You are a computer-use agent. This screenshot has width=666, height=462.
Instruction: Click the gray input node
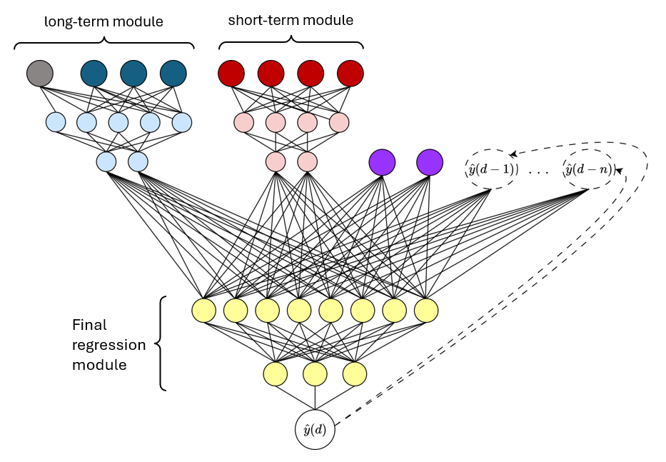(x=40, y=73)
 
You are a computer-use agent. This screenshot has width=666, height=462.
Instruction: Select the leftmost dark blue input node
(x=94, y=73)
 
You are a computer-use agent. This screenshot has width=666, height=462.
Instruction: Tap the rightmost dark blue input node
(x=173, y=73)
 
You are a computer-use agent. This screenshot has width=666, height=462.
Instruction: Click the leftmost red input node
(x=231, y=73)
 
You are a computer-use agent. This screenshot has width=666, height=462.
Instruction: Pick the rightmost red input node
(x=350, y=73)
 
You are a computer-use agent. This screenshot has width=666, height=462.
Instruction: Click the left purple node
(x=382, y=162)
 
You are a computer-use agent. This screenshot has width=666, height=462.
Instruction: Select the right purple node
(x=430, y=162)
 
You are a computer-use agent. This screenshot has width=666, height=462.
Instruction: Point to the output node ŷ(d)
(x=315, y=429)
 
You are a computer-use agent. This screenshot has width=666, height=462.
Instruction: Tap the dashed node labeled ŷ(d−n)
(x=588, y=170)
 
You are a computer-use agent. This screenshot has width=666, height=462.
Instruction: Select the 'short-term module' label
(x=291, y=21)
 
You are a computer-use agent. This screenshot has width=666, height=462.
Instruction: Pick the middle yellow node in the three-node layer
(x=315, y=373)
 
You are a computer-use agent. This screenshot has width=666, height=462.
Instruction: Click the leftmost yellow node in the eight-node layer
(x=204, y=311)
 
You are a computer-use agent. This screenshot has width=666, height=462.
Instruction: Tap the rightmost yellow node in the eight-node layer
(x=425, y=311)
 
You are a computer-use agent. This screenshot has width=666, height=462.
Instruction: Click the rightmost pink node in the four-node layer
(x=339, y=122)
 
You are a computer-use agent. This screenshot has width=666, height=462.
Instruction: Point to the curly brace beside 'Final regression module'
(x=161, y=344)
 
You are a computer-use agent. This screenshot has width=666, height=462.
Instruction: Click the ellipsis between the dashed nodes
(x=539, y=172)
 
